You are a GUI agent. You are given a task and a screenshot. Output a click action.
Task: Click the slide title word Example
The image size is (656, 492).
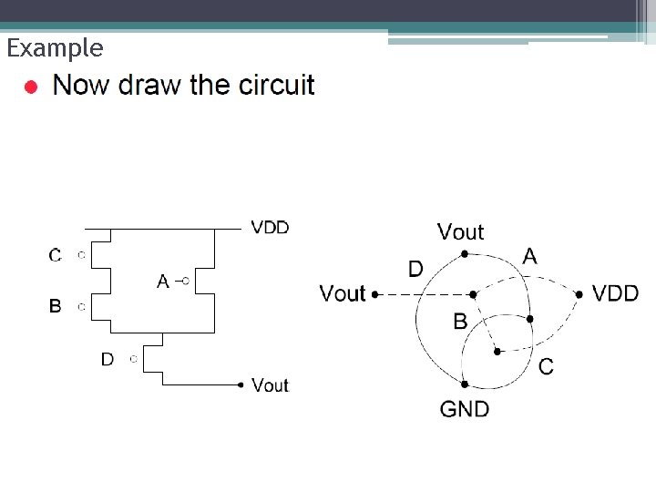55,47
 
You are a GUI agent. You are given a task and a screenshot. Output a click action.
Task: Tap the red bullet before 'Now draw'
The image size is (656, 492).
31,88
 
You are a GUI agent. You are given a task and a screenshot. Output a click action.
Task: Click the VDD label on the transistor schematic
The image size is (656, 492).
270,228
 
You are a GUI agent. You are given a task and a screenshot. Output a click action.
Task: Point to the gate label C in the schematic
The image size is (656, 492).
56,255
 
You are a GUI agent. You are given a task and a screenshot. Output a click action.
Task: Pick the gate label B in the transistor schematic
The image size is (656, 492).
56,307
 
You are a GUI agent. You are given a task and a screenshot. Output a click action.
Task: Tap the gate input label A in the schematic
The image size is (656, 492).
163,282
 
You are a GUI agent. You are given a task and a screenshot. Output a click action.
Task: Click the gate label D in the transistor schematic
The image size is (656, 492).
108,360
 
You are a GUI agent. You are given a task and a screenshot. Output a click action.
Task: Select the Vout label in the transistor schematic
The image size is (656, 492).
270,385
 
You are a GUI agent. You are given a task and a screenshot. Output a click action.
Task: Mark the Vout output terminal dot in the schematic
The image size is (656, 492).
241,385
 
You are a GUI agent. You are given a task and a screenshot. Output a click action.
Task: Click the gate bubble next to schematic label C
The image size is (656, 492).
81,255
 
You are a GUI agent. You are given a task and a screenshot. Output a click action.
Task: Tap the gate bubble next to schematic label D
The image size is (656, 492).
133,359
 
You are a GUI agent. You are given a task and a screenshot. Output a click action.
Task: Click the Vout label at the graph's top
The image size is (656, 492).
461,232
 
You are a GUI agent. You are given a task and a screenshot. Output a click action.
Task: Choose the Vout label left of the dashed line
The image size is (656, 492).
343,293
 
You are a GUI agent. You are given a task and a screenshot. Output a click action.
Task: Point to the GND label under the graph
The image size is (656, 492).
465,409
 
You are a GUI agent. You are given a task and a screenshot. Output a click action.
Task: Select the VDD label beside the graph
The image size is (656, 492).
616,293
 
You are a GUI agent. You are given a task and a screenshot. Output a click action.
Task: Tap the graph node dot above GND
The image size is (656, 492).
465,384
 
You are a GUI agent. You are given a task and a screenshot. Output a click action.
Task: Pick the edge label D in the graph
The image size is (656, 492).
415,269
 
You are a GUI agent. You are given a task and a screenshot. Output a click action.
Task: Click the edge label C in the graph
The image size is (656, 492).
546,366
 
